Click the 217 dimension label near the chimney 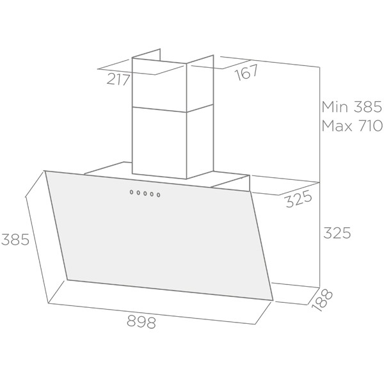point(118,80)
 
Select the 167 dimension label point(246,72)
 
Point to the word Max point(337,126)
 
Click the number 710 point(371,126)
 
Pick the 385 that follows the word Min point(367,107)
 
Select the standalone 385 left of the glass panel point(15,239)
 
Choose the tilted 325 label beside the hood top point(299,199)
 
